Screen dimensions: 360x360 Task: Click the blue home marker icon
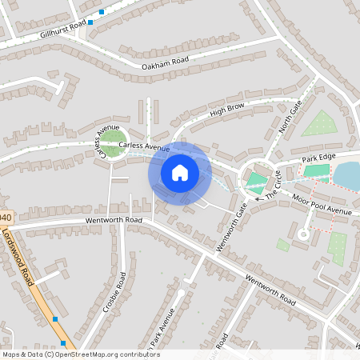tap(179, 172)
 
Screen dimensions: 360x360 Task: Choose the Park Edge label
tap(316, 161)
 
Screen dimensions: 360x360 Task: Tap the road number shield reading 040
tap(6, 218)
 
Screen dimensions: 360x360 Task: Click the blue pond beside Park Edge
tap(347, 174)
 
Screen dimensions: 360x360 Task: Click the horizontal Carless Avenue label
tap(144, 147)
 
